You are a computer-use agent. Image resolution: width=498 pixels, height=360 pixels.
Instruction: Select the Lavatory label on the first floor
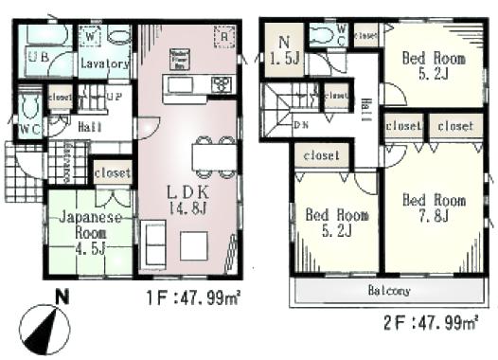[104, 64]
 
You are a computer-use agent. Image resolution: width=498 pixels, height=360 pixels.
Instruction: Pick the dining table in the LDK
[212, 154]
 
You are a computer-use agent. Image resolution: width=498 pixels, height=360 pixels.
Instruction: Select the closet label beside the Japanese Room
[112, 173]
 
